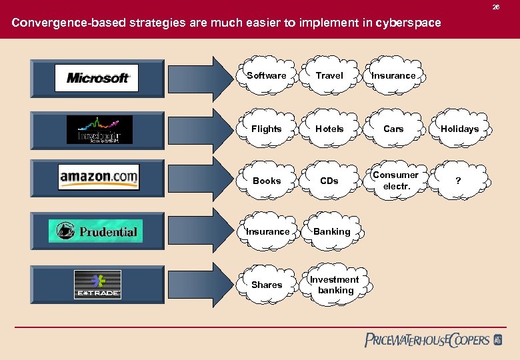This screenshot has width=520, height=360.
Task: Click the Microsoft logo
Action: coord(97,78)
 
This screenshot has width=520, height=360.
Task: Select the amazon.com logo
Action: coord(98,177)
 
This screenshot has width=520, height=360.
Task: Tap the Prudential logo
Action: coord(95,231)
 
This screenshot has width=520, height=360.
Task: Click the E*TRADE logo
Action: coord(97,285)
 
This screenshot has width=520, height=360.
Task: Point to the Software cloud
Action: coord(267,75)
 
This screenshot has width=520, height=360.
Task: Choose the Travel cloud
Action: coord(329,75)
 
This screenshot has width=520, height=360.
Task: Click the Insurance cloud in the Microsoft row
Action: coord(393,75)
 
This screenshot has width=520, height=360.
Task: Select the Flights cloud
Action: coord(267,129)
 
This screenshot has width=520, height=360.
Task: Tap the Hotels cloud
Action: coord(329,129)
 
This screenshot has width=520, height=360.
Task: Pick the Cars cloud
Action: coord(393,129)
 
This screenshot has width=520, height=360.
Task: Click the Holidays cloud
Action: coord(459,129)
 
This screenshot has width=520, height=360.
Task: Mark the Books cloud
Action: coord(267,181)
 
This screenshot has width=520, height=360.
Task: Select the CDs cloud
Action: coord(329,181)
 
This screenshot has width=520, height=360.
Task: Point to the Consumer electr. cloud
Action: coord(395,181)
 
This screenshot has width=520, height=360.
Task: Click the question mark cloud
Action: coord(458,181)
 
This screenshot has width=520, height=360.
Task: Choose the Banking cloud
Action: coord(331,231)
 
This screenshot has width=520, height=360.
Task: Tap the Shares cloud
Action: coord(267,285)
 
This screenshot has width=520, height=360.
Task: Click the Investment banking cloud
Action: coord(335,285)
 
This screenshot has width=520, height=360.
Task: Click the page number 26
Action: coord(495,7)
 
